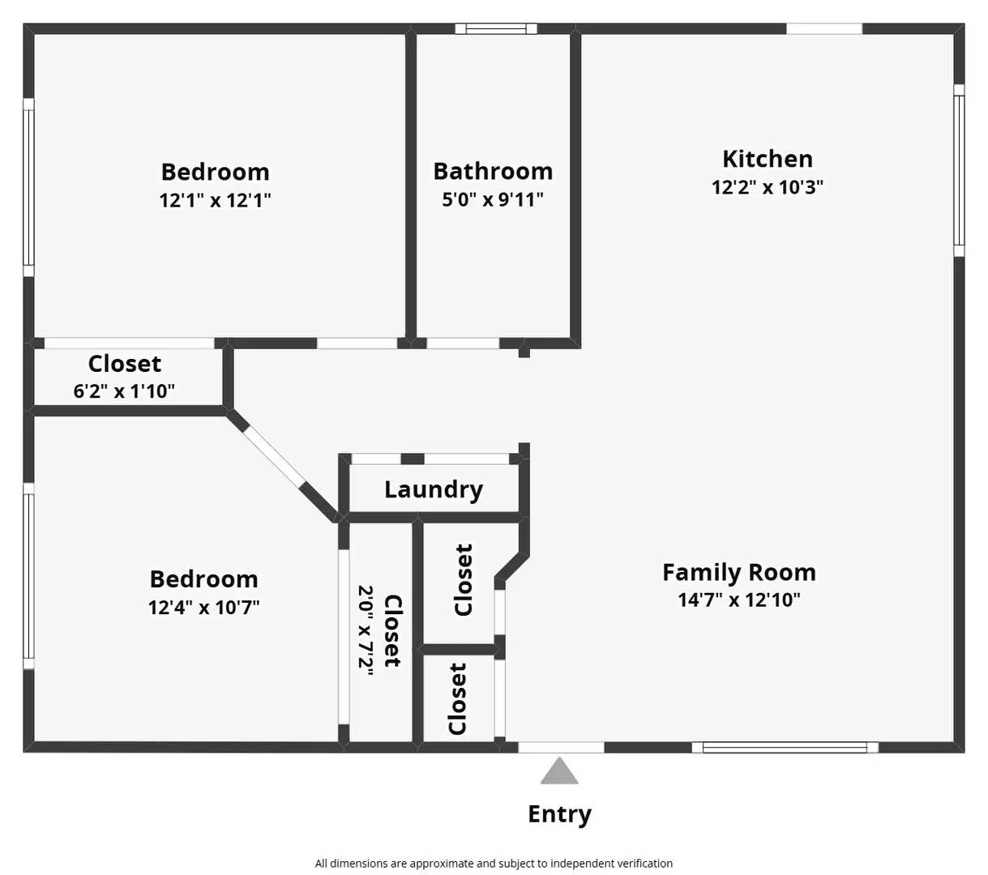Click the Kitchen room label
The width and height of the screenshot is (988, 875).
tap(767, 159)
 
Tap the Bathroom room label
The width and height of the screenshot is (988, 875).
tap(493, 171)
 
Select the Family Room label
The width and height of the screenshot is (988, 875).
tap(738, 572)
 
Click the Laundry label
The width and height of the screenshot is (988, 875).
tap(434, 489)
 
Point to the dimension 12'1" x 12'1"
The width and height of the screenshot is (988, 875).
tap(215, 200)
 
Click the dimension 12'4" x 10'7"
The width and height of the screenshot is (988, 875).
tap(204, 607)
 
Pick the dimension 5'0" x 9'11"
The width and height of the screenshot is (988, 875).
tap(493, 199)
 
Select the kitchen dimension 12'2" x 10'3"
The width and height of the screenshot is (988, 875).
tap(767, 187)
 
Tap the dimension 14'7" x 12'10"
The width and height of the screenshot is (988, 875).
tap(738, 600)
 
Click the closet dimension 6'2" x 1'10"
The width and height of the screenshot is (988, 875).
tap(124, 391)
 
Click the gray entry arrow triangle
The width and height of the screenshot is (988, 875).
tap(559, 773)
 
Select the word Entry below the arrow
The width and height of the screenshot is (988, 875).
tap(559, 813)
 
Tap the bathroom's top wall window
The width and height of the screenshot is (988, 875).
tap(496, 29)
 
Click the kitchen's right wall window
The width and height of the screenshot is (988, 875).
tap(959, 170)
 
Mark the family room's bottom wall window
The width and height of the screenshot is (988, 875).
tap(785, 748)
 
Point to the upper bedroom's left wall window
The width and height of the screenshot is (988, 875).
tap(28, 187)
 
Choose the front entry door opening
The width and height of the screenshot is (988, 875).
tap(561, 748)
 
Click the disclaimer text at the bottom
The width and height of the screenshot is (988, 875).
tap(494, 864)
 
